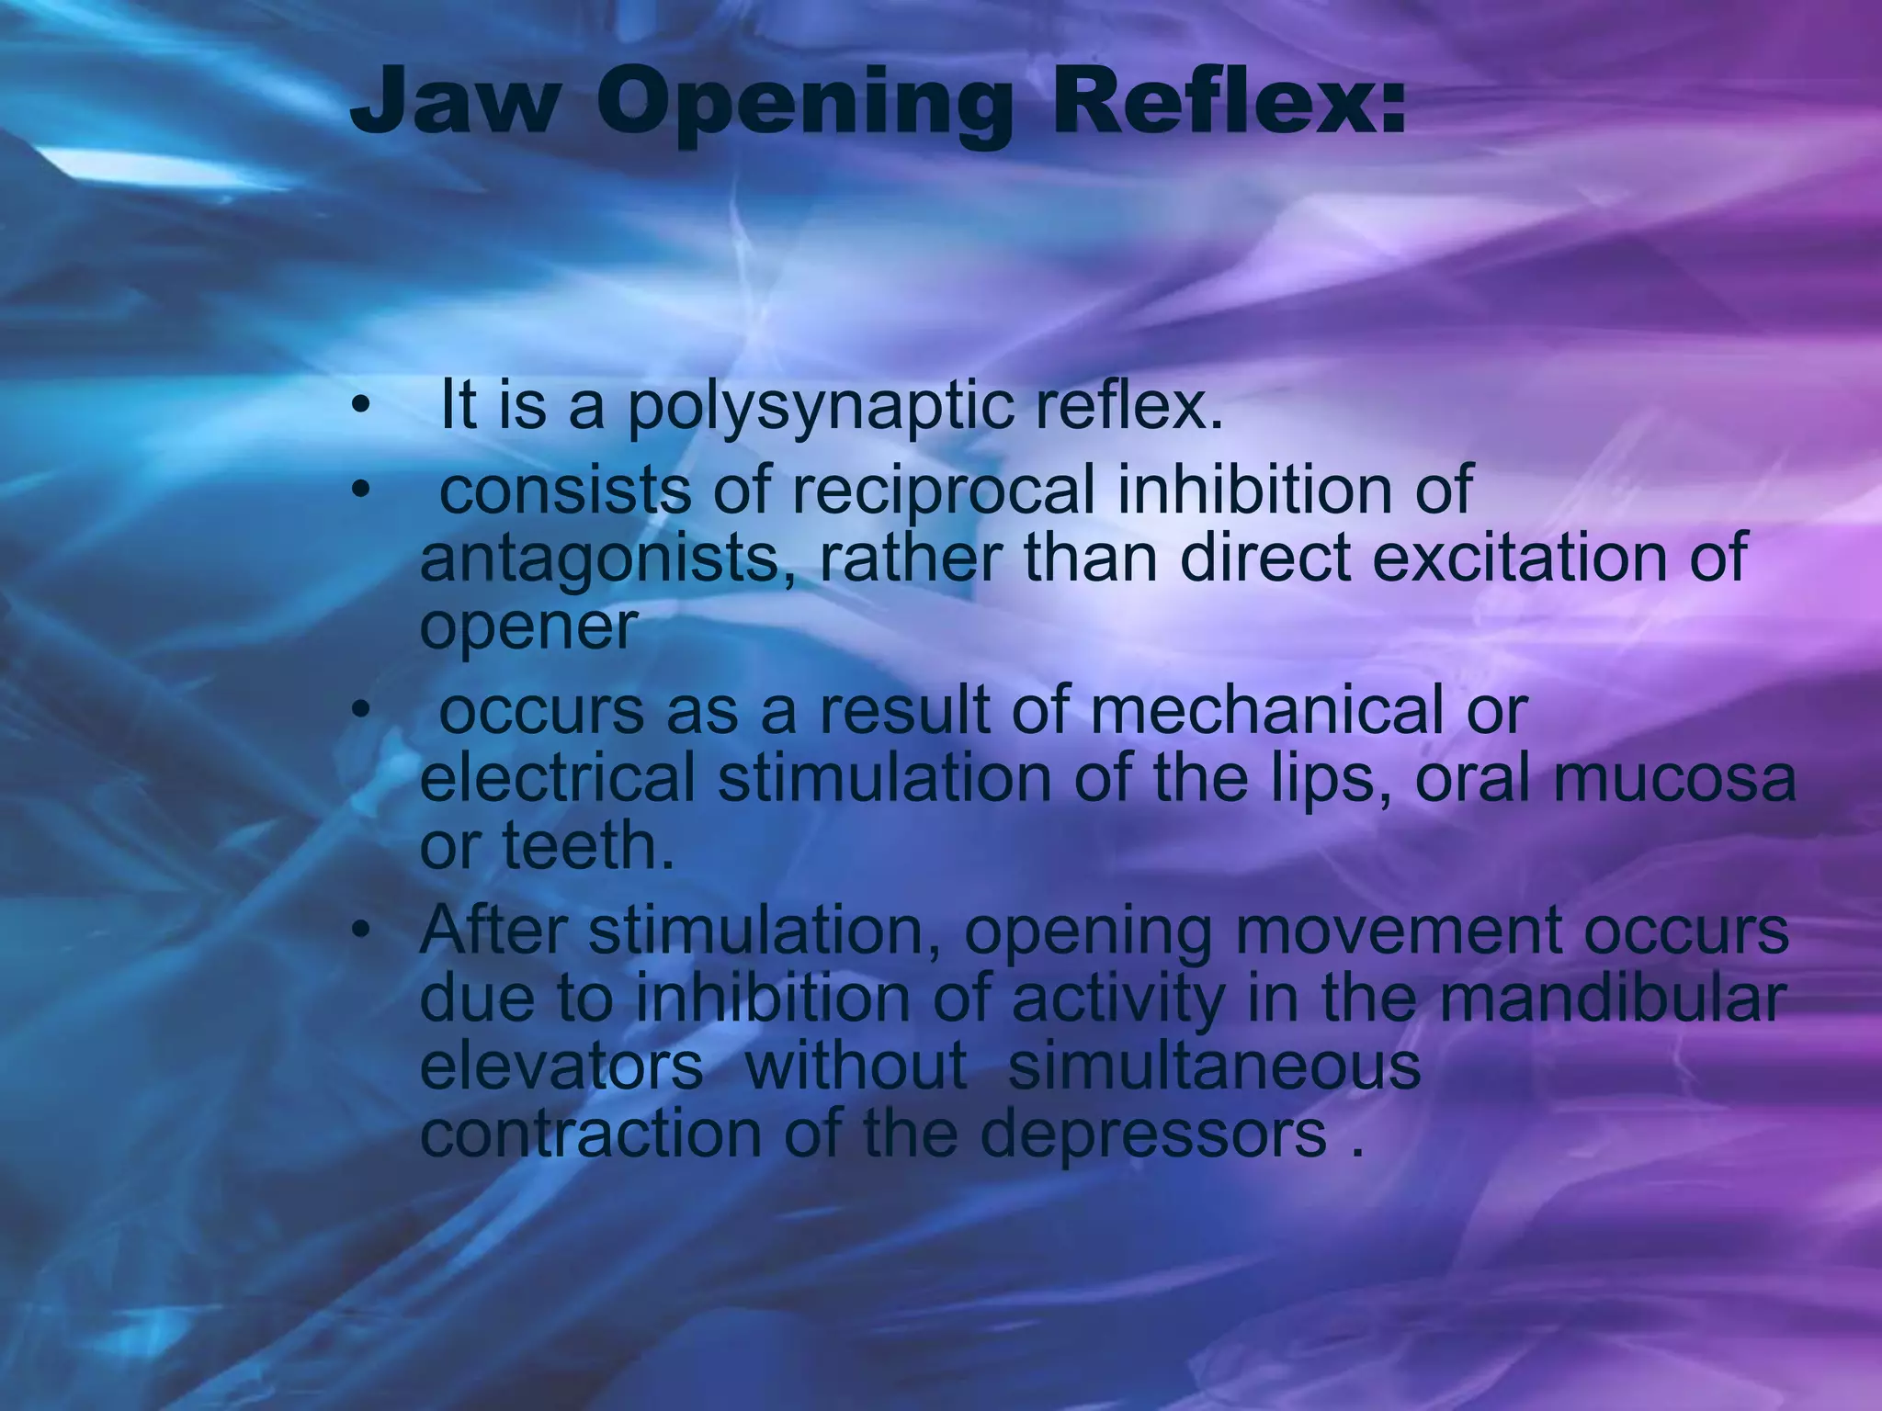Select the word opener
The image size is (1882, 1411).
(x=527, y=628)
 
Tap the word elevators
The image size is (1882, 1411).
(x=561, y=1067)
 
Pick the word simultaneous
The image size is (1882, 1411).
(x=1214, y=1067)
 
